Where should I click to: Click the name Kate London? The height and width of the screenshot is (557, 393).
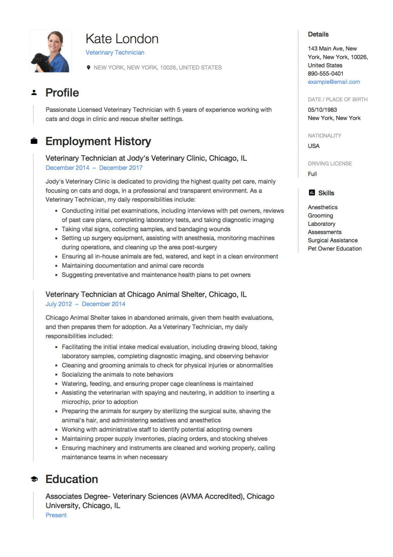122,39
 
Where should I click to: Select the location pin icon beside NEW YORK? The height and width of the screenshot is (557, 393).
88,67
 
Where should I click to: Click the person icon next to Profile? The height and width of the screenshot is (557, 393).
34,93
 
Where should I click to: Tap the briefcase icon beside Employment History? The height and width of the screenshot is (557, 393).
34,141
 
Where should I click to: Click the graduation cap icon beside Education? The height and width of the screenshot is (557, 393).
34,479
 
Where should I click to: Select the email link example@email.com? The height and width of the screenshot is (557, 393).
333,82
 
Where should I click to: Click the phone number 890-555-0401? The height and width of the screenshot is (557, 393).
325,74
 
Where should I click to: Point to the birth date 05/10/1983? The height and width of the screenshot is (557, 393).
322,110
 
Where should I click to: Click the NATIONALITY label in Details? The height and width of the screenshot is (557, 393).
324,136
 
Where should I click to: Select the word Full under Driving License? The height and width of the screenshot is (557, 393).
312,174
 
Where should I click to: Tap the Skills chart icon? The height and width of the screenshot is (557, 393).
312,193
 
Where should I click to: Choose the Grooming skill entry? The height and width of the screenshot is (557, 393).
320,215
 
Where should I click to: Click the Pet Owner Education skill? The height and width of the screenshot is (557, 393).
334,249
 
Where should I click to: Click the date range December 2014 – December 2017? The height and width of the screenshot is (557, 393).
94,168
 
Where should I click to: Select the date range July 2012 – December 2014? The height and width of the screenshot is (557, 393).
85,304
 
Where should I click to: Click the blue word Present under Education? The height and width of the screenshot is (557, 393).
56,515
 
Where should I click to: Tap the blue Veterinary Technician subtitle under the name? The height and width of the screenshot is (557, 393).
115,52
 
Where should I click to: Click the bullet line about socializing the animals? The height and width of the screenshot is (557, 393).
117,374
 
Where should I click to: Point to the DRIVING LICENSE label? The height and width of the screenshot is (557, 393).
330,163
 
